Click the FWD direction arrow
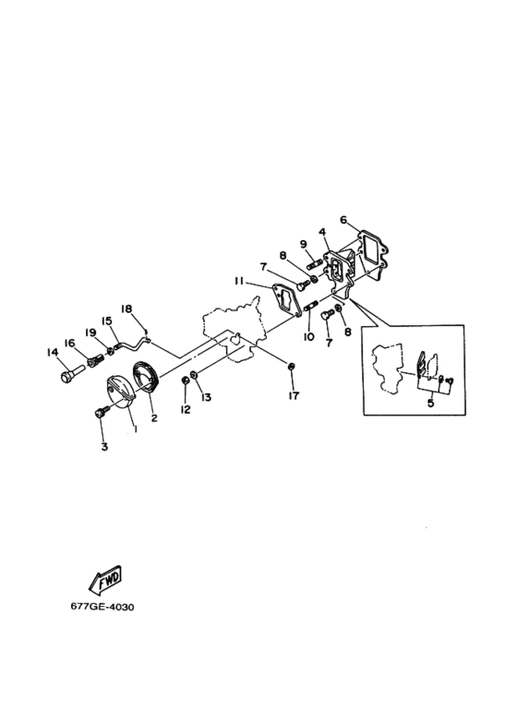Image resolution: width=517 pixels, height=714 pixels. (x=104, y=580)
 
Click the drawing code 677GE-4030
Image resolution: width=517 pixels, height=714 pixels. (x=102, y=607)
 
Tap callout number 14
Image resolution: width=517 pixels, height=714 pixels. (x=53, y=352)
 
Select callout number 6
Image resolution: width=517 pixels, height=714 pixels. (x=343, y=220)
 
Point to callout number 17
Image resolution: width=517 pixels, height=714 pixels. (x=294, y=395)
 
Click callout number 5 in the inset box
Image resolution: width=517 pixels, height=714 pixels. (x=430, y=403)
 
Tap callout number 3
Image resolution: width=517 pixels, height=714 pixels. (x=104, y=447)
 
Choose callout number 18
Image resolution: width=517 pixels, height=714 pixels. (x=126, y=309)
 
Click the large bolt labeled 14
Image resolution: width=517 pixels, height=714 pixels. (x=71, y=371)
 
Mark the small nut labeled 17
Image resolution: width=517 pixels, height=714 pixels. (x=290, y=365)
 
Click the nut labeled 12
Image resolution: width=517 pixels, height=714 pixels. (x=186, y=381)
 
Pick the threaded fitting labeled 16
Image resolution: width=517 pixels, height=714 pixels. (x=96, y=362)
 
